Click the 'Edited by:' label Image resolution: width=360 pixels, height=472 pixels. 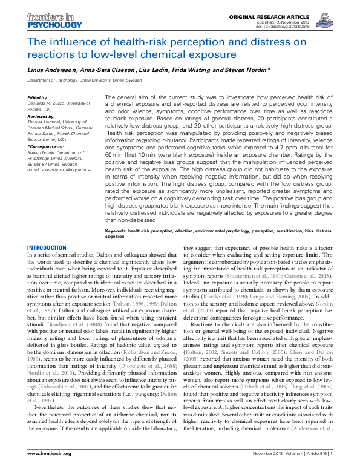(x=38, y=97)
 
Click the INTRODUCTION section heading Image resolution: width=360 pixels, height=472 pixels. (x=47, y=247)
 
